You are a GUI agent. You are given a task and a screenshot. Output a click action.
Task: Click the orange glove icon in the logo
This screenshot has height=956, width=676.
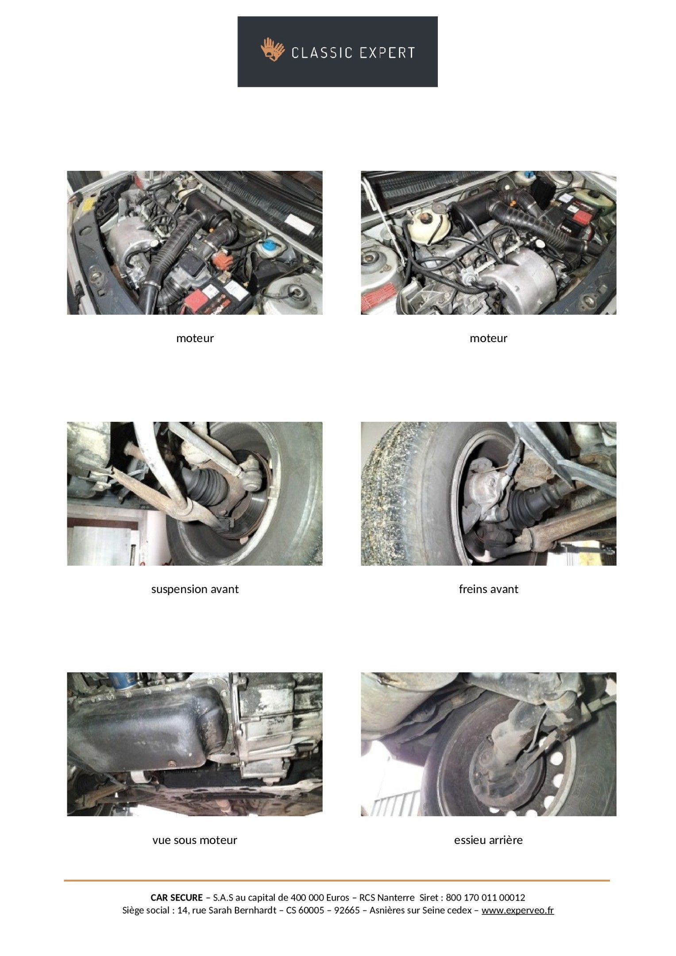pyautogui.click(x=272, y=50)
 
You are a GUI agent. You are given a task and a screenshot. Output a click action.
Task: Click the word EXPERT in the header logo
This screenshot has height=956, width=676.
pyautogui.click(x=387, y=53)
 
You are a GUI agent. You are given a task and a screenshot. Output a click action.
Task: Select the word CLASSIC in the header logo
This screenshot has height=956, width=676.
pyautogui.click(x=322, y=53)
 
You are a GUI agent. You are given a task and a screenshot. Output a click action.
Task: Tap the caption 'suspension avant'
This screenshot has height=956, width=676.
pyautogui.click(x=195, y=589)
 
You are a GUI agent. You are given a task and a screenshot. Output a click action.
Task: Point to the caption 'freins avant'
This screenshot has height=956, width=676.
pyautogui.click(x=488, y=589)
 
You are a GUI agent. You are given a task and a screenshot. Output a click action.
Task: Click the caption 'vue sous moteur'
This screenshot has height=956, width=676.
pyautogui.click(x=195, y=840)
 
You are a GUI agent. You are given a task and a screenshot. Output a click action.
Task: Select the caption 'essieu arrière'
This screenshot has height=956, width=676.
pyautogui.click(x=488, y=840)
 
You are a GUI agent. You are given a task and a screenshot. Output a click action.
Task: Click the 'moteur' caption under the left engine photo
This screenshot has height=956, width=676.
pyautogui.click(x=195, y=338)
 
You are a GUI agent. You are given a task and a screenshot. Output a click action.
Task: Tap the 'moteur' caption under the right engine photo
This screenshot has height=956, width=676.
pyautogui.click(x=488, y=338)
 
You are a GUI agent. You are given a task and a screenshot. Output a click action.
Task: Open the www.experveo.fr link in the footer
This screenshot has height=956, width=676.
pyautogui.click(x=518, y=910)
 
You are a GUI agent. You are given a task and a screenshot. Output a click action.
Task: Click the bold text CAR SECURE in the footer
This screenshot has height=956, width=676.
pyautogui.click(x=177, y=898)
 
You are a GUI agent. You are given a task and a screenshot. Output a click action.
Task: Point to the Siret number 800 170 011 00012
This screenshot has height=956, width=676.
pyautogui.click(x=485, y=898)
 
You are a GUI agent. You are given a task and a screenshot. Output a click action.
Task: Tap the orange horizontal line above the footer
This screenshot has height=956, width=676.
pyautogui.click(x=337, y=881)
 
